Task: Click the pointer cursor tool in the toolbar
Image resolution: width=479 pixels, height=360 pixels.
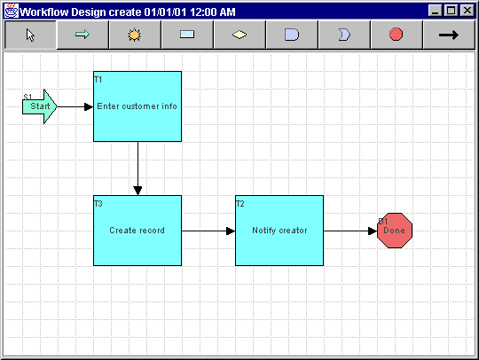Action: point(30,35)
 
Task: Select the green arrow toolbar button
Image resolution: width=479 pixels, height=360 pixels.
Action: point(82,35)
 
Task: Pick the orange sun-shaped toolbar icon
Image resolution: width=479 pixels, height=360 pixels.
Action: point(135,35)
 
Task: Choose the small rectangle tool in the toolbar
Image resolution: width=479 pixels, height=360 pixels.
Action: point(187,35)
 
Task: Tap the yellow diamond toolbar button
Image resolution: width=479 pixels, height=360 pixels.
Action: point(239,35)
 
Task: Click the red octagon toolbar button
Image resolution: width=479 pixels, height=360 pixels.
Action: point(397,35)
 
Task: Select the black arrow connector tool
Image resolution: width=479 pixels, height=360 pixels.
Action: point(449,35)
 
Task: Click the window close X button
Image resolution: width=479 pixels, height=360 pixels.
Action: point(467,11)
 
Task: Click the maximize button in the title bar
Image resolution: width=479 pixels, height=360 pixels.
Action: point(452,11)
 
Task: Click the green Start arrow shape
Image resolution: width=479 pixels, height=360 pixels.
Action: point(40,106)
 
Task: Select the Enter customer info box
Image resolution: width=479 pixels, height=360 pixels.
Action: point(137,106)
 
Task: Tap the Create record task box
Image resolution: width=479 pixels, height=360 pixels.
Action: point(137,231)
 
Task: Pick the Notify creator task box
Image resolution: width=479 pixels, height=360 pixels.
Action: point(279,231)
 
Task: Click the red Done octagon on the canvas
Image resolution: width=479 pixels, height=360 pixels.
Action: point(395,231)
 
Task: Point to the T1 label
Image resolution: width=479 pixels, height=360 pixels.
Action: point(98,80)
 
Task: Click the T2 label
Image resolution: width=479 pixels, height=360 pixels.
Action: point(240,204)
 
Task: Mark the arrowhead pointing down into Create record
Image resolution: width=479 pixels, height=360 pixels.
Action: point(137,191)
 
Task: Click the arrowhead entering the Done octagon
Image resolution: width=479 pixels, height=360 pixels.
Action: point(373,231)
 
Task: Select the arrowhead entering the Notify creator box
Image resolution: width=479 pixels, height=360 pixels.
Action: point(231,231)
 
